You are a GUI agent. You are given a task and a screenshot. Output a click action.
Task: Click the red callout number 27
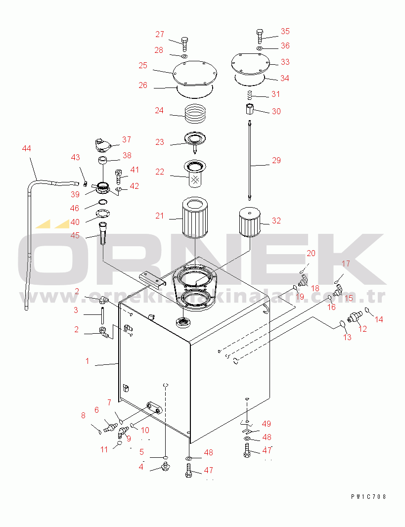(x=160, y=34)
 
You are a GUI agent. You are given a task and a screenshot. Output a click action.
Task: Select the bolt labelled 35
(x=260, y=36)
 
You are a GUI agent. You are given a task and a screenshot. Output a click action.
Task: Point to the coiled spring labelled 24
(x=195, y=115)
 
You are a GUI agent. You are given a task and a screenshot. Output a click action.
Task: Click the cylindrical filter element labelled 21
(x=195, y=218)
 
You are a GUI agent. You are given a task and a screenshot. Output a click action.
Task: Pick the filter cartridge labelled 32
(x=250, y=222)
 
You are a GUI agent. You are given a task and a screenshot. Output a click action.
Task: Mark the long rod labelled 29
(x=250, y=160)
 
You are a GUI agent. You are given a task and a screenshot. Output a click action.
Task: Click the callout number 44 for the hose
(x=26, y=148)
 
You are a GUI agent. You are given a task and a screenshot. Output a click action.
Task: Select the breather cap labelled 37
(x=102, y=145)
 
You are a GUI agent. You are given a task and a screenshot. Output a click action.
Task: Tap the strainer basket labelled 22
(x=195, y=174)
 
